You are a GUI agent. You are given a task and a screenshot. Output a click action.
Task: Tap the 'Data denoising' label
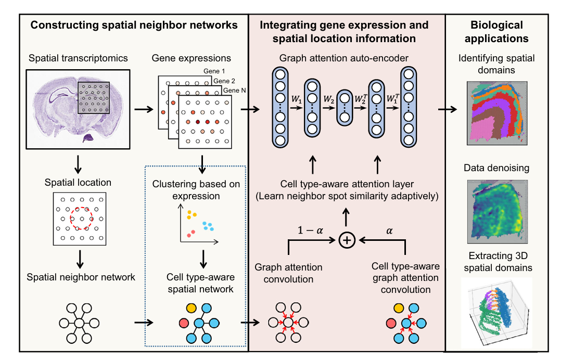point(496,168)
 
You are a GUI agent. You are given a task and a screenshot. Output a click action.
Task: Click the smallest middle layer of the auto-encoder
point(344,108)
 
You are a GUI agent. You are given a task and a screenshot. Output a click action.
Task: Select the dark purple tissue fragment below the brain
point(88,137)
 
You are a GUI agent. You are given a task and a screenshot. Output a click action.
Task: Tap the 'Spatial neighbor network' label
point(81,277)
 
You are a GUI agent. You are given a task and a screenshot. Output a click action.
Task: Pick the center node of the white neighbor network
point(79,324)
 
